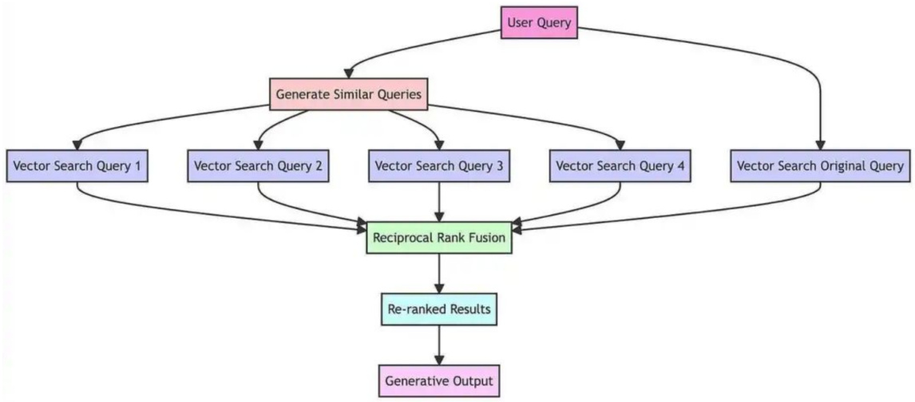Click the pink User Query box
pyautogui.click(x=539, y=22)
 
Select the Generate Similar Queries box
pyautogui.click(x=348, y=94)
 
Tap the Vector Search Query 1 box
pyautogui.click(x=77, y=167)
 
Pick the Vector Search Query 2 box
pyautogui.click(x=258, y=167)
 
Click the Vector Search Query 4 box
pyautogui.click(x=620, y=167)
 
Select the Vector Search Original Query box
pyautogui.click(x=820, y=167)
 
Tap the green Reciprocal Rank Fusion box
pyautogui.click(x=438, y=238)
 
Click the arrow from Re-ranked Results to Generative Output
pyautogui.click(x=438, y=345)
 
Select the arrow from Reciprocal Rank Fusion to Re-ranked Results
pyautogui.click(x=438, y=274)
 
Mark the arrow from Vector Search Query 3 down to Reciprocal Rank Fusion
pyautogui.click(x=439, y=202)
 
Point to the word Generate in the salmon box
pyautogui.click(x=301, y=94)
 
